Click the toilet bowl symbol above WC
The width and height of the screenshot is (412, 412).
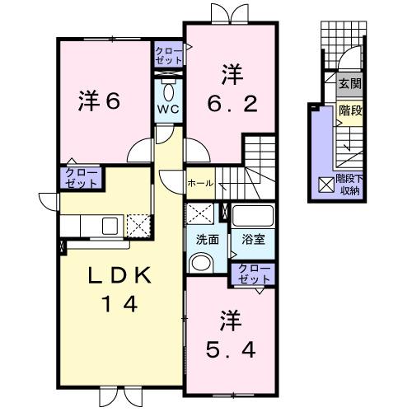click(168, 91)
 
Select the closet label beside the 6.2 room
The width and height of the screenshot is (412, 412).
click(169, 57)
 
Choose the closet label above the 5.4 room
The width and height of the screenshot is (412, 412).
click(252, 274)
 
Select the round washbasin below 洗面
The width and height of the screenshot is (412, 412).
click(200, 262)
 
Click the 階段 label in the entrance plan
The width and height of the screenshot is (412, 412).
click(349, 110)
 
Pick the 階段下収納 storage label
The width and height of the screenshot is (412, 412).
click(350, 185)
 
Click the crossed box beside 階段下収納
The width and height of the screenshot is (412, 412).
click(325, 185)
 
